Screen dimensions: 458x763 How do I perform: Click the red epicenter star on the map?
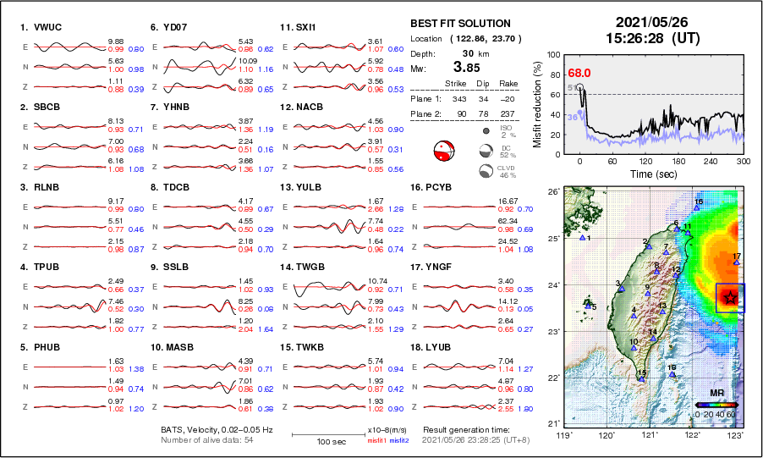[x=729, y=296]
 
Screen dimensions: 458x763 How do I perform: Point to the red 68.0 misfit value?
[x=579, y=74]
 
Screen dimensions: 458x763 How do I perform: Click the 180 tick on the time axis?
[x=677, y=161]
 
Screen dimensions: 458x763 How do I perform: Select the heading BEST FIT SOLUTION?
[x=460, y=24]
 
